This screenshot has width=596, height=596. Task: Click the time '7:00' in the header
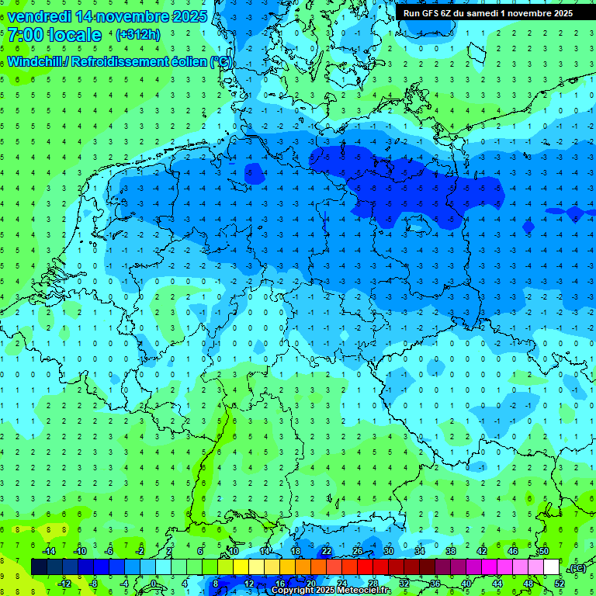(x=26, y=35)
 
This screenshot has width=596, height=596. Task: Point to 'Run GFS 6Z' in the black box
(x=428, y=13)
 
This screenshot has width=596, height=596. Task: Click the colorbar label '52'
(x=559, y=584)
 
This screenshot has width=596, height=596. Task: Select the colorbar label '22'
(x=327, y=551)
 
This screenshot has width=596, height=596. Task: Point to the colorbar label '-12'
(x=64, y=584)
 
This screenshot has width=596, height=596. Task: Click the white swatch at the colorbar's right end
(x=551, y=567)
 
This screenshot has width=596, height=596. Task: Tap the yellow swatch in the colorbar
(x=256, y=567)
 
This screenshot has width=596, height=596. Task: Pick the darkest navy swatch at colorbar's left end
(x=39, y=567)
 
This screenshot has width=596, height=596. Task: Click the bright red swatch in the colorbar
(x=365, y=567)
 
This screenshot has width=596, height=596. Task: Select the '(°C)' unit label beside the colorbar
(x=577, y=568)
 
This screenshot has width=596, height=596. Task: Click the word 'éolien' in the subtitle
(x=189, y=61)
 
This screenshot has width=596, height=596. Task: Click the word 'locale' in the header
(x=74, y=35)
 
